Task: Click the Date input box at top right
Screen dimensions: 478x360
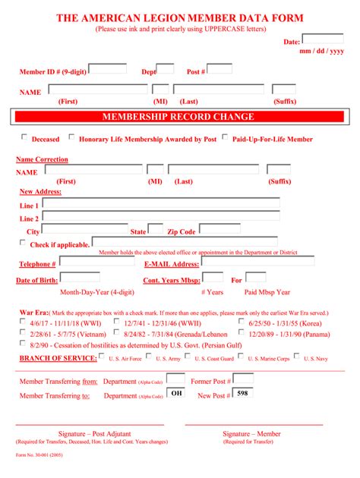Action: tap(323, 39)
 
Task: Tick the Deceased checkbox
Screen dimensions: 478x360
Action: tap(24, 137)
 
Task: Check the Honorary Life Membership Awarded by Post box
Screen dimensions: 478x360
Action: tap(71, 137)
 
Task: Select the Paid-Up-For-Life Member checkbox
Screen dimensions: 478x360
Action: tap(226, 137)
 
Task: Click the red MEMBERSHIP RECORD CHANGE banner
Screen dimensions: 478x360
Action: tap(178, 117)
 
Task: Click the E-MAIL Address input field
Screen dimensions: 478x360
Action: tap(257, 262)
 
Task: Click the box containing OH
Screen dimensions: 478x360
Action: tap(175, 393)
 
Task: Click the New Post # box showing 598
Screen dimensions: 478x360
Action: tap(243, 393)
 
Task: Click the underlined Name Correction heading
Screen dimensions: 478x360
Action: tap(42, 159)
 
